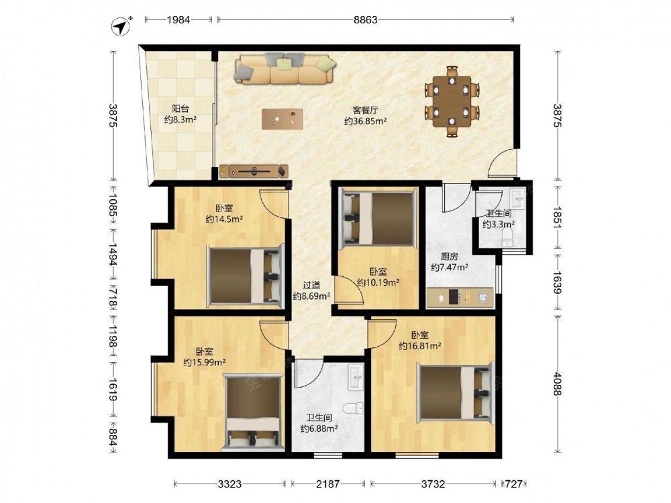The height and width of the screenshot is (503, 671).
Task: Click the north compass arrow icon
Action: click(x=121, y=26)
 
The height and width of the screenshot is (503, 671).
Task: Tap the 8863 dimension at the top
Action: click(x=366, y=19)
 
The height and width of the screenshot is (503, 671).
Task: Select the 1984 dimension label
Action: click(x=178, y=19)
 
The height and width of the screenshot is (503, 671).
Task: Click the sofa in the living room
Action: click(x=284, y=68)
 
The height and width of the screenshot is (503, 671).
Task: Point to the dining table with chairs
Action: click(x=452, y=101)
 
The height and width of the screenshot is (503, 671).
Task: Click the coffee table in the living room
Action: click(x=282, y=119)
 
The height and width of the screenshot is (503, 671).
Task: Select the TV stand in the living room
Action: click(x=254, y=171)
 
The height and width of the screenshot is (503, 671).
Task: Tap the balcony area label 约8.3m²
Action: click(x=180, y=120)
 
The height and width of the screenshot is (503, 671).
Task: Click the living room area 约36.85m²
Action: click(x=366, y=121)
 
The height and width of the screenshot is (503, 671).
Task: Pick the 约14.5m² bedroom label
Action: click(x=224, y=219)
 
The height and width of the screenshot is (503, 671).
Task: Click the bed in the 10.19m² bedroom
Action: click(x=378, y=219)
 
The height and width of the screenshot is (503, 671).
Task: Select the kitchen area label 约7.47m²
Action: click(x=450, y=268)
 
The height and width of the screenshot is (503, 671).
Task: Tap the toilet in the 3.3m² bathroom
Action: click(x=507, y=237)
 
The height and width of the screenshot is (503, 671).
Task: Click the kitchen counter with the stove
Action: click(x=460, y=296)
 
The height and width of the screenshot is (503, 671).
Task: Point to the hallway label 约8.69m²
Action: click(x=311, y=296)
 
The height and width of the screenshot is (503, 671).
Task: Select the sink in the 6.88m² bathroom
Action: click(x=355, y=377)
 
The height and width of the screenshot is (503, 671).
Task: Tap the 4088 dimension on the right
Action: click(x=557, y=384)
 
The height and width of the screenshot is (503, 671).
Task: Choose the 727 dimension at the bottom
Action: click(x=513, y=484)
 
